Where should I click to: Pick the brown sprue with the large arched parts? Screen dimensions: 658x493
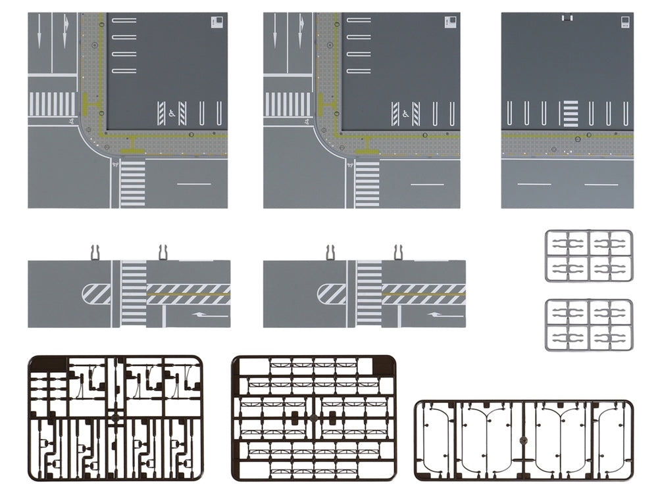click(x=523, y=439)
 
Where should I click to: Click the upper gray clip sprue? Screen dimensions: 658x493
click(x=588, y=256)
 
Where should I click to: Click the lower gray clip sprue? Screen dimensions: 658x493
click(x=588, y=325)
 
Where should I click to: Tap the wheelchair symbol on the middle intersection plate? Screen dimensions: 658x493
click(x=406, y=114)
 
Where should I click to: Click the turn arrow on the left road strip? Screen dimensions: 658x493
click(x=211, y=315)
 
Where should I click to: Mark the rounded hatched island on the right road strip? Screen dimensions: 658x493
click(x=332, y=293)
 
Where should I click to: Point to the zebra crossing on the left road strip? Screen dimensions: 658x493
click(x=134, y=293)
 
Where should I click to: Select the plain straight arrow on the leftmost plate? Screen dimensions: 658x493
click(x=39, y=30)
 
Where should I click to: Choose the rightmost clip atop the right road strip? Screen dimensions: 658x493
click(x=398, y=252)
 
